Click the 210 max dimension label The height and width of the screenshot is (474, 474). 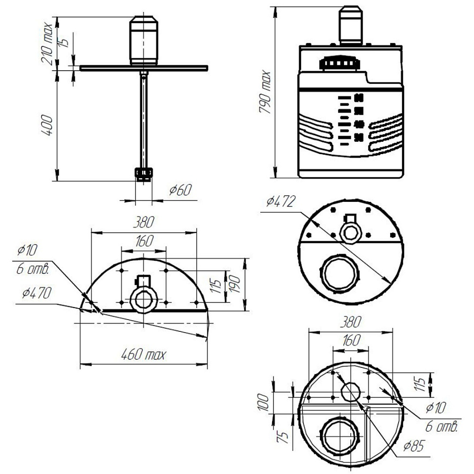(x=47, y=44)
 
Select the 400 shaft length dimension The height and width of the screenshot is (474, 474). (x=47, y=125)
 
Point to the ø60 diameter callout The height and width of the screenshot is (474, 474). (x=181, y=190)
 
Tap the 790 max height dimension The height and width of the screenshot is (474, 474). (x=265, y=92)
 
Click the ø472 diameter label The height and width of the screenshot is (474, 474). (x=280, y=201)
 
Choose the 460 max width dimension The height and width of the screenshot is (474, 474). (x=144, y=354)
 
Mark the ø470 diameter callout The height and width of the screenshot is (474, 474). (x=37, y=293)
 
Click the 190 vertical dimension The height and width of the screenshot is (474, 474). (x=236, y=284)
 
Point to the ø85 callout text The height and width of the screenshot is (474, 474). (x=414, y=446)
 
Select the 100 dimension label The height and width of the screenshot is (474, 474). (x=264, y=402)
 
